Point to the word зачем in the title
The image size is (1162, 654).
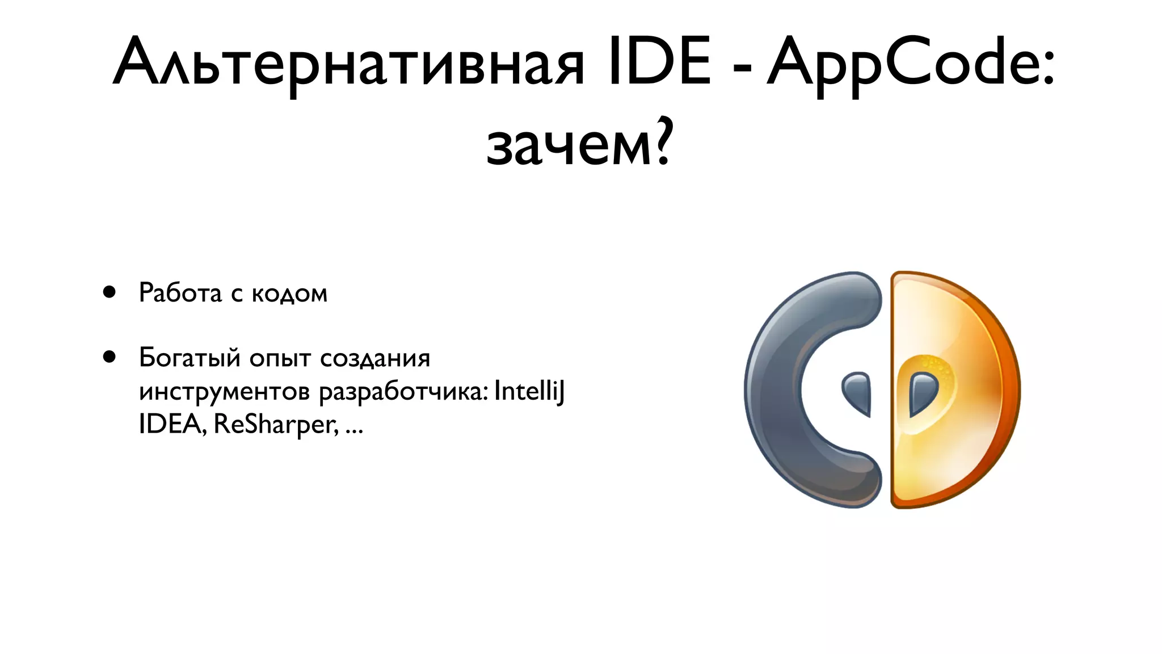pyautogui.click(x=568, y=145)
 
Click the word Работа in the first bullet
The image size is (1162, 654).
pyautogui.click(x=180, y=293)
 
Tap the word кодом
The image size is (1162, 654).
pyautogui.click(x=289, y=294)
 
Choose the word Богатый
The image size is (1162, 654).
pyautogui.click(x=190, y=358)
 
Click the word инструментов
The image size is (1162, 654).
pyautogui.click(x=224, y=392)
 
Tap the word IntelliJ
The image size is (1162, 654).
pyautogui.click(x=529, y=391)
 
